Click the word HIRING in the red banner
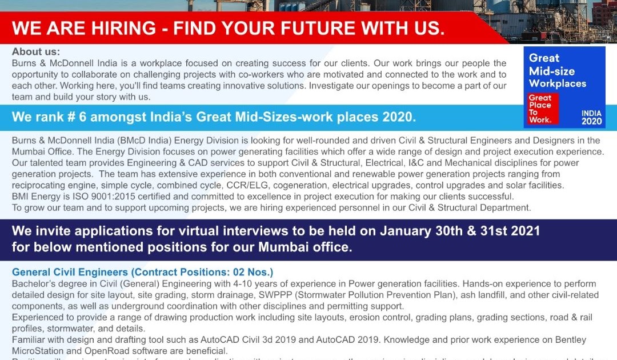click(119, 27)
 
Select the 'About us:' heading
click(35, 52)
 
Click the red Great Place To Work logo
click(542, 109)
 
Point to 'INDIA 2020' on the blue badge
click(591, 117)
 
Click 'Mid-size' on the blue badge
click(552, 71)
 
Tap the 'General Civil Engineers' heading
click(70, 272)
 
